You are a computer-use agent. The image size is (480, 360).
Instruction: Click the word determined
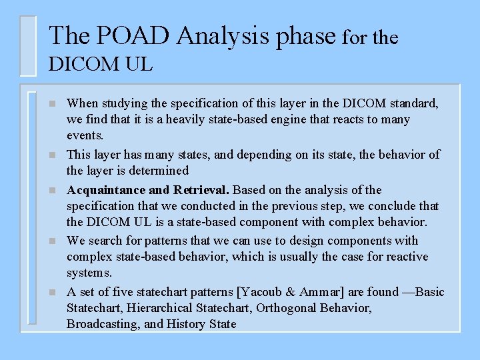(x=158, y=171)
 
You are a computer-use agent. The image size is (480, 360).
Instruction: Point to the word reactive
(x=406, y=257)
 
